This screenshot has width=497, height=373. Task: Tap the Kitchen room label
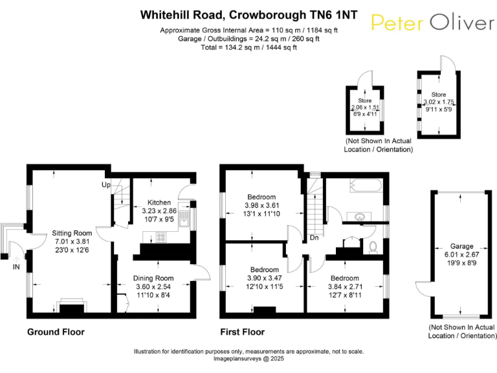click(159, 202)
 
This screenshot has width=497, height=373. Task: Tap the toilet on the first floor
click(373, 247)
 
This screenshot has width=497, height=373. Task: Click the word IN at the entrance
click(16, 266)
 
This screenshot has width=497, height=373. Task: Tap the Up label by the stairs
click(106, 185)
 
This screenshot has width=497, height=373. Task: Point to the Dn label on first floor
click(315, 237)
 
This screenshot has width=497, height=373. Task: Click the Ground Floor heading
click(56, 332)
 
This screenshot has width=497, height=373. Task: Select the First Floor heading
click(243, 332)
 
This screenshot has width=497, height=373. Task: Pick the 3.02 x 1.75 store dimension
click(439, 102)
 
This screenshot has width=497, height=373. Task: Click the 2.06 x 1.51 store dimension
click(365, 107)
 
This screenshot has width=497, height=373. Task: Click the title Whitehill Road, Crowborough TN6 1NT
click(248, 14)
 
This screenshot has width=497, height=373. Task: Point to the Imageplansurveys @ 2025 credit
click(248, 358)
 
